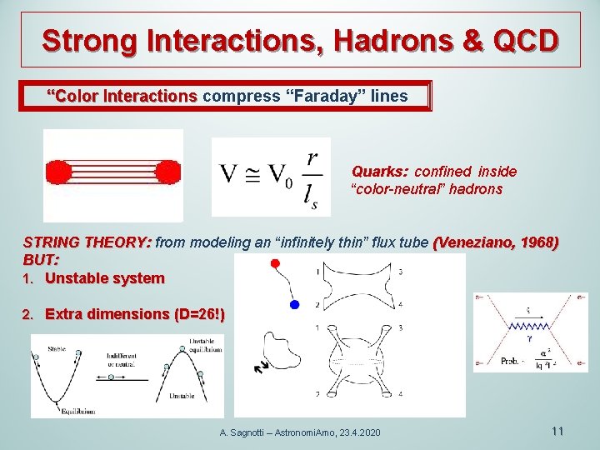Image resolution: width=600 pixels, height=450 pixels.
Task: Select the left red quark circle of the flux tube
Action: (x=58, y=172)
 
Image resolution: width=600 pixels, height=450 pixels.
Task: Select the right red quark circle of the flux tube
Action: (x=167, y=172)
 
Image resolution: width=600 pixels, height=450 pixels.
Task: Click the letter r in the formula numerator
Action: (x=311, y=157)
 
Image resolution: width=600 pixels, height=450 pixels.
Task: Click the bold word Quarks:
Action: (x=379, y=172)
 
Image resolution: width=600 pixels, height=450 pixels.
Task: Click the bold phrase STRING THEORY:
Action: (x=87, y=242)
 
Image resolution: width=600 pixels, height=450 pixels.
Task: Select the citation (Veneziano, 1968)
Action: (x=497, y=242)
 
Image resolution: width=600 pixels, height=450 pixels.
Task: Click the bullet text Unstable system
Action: (x=105, y=278)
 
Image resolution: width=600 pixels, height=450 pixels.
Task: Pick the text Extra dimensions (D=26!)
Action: (x=134, y=314)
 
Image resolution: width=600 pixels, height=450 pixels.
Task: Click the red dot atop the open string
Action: (x=276, y=264)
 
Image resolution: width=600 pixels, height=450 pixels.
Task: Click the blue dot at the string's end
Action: (x=294, y=306)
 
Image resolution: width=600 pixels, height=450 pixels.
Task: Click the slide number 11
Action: (x=557, y=431)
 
